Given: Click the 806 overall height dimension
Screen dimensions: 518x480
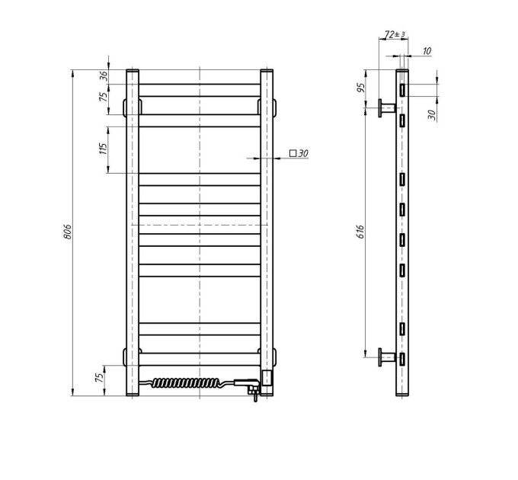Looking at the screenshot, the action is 67,232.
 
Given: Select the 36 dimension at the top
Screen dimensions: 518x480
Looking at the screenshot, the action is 104,76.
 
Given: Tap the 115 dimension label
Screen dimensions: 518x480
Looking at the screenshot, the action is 104,149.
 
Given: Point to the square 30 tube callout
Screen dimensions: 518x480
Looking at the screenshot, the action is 299,153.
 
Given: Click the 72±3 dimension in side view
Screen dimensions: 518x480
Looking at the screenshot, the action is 395,34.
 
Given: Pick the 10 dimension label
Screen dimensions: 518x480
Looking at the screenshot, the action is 427,51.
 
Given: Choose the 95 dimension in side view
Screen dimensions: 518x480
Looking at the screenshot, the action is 361,88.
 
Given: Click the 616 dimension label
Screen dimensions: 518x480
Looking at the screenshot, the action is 360,232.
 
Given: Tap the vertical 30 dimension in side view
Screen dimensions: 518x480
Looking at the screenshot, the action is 432,114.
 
